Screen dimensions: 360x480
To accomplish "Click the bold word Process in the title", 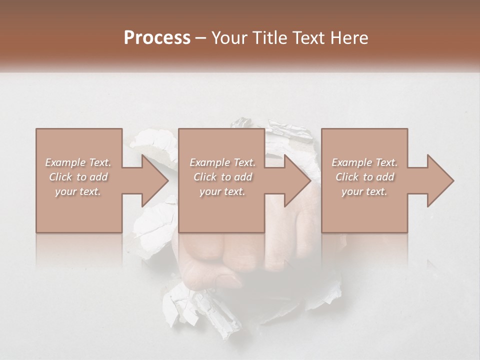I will (x=157, y=38).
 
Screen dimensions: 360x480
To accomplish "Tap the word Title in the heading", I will (x=270, y=38).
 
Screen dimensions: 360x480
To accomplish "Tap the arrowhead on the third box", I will (x=440, y=180).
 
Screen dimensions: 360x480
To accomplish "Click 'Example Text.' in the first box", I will (x=78, y=162).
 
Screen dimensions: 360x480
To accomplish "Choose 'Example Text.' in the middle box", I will (x=222, y=162).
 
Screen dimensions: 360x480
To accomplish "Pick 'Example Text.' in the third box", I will (x=364, y=162).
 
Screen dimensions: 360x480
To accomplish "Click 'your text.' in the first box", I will (x=78, y=191).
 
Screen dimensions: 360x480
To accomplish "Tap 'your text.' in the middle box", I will (x=222, y=191).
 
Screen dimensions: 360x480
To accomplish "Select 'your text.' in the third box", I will (x=364, y=191).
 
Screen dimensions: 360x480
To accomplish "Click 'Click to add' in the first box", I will (x=78, y=177).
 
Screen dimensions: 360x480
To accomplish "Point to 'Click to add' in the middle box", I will (x=222, y=177).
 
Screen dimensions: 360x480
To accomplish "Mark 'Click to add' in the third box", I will (x=364, y=177).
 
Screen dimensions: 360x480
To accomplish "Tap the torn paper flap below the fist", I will (x=210, y=310).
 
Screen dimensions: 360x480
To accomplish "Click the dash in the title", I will (x=201, y=38).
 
